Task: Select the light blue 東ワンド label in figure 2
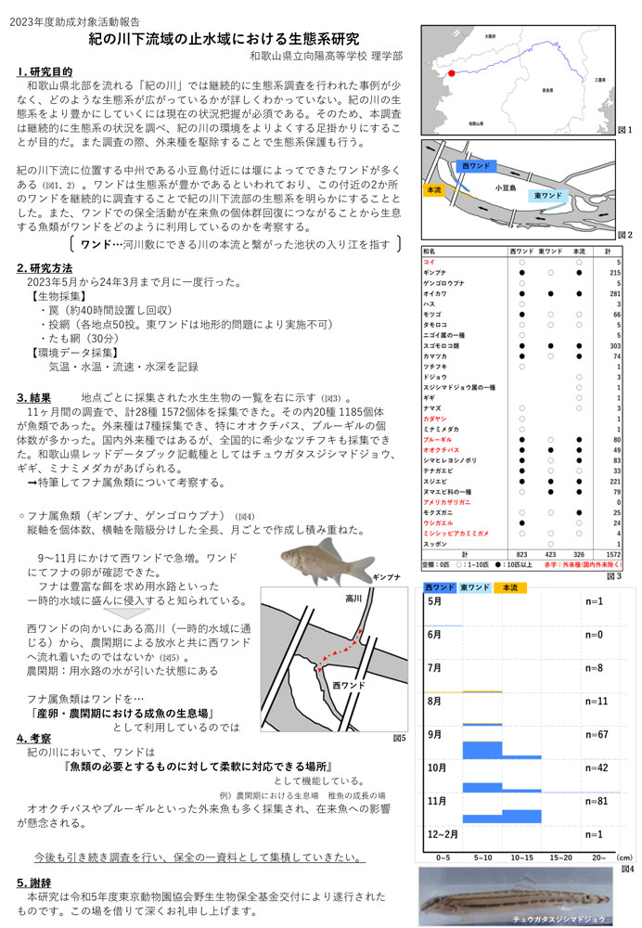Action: (548, 196)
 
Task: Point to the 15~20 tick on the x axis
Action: (561, 857)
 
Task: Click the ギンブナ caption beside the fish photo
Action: (386, 576)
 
